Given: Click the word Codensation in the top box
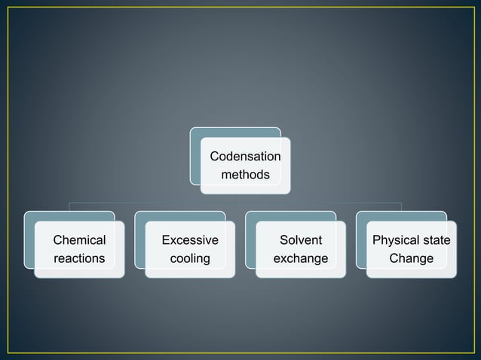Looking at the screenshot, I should click(x=245, y=157).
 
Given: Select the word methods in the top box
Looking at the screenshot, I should click(x=245, y=175).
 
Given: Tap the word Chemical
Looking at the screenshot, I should click(x=79, y=240).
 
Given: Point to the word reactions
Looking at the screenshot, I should click(x=79, y=258).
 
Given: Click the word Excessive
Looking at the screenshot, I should click(x=190, y=240).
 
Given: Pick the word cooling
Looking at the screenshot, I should click(x=190, y=258).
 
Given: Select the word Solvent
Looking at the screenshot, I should click(x=300, y=240).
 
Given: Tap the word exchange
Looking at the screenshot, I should click(x=300, y=258).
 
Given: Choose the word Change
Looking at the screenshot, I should click(x=412, y=258).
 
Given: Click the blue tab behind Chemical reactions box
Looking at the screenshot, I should click(x=29, y=241).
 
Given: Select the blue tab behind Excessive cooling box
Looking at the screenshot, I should click(x=139, y=241).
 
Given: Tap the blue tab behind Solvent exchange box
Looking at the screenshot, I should click(x=250, y=241).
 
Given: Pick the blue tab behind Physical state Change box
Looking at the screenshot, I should click(x=361, y=241).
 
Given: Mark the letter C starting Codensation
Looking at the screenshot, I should click(x=214, y=157).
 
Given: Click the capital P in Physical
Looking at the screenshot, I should click(x=377, y=240).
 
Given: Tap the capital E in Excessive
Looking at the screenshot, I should click(x=167, y=240).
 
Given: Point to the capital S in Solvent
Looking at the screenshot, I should click(x=283, y=240).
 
